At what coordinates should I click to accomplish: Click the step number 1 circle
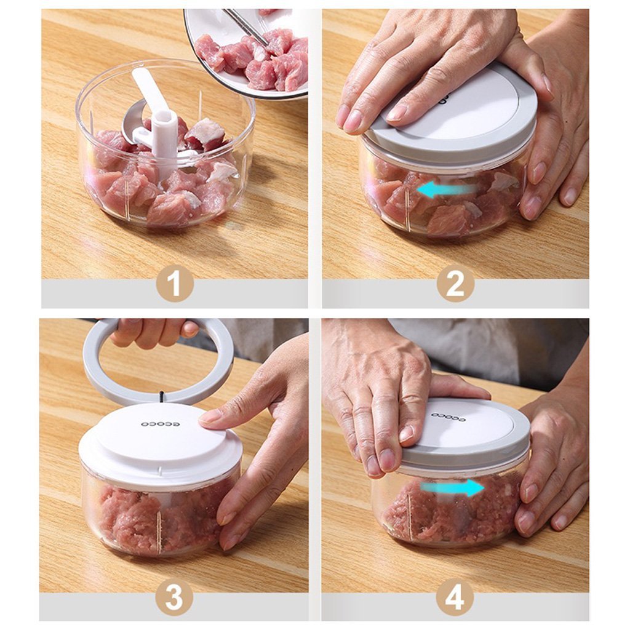(174, 283)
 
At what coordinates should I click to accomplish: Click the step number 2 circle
(455, 283)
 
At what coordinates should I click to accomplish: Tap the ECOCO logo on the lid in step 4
(447, 417)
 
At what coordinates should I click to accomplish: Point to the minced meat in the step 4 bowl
(455, 511)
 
